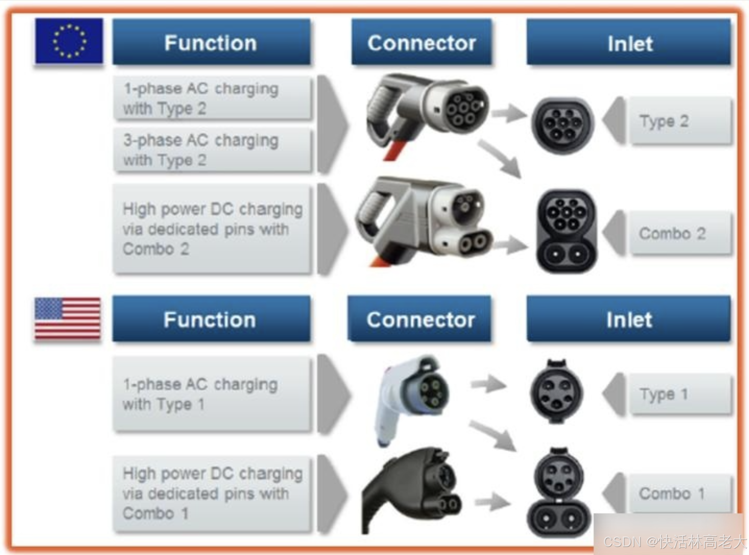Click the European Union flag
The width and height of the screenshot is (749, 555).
[x=69, y=41]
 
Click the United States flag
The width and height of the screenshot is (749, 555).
[x=68, y=318]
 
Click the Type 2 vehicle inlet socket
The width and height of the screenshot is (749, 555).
[x=562, y=125]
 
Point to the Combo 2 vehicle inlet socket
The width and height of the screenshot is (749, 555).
[x=567, y=232]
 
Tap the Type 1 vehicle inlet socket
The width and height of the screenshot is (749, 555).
[x=557, y=392]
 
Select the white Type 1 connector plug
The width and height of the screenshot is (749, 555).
[x=412, y=398]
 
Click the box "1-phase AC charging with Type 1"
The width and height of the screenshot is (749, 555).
[x=212, y=394]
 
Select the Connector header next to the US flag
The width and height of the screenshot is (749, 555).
[x=420, y=319]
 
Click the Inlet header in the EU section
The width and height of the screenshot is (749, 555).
[x=629, y=42]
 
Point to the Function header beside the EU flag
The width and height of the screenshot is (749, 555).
[x=211, y=42]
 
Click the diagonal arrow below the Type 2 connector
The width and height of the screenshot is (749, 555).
[x=501, y=158]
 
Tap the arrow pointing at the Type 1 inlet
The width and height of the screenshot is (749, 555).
[x=488, y=384]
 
